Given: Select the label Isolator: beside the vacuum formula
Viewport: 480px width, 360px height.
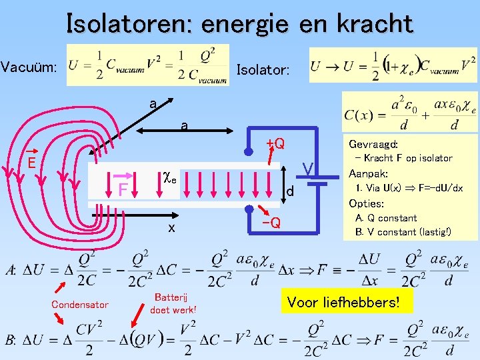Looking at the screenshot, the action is pyautogui.click(x=263, y=69).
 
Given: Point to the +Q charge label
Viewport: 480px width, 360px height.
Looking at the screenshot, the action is pyautogui.click(x=275, y=143).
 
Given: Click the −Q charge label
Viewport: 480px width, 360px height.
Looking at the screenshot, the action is pyautogui.click(x=271, y=222).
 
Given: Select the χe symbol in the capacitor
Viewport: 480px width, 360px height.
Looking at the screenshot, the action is pyautogui.click(x=170, y=178).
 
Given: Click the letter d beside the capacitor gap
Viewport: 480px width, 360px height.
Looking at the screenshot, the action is pyautogui.click(x=290, y=193).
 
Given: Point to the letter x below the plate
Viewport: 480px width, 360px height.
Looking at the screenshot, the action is pyautogui.click(x=171, y=227).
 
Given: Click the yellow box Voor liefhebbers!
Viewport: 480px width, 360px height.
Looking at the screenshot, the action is pyautogui.click(x=343, y=302).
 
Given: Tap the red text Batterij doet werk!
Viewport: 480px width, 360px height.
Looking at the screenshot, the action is pyautogui.click(x=173, y=303).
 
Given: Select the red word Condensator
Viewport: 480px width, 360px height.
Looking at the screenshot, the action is pyautogui.click(x=79, y=305).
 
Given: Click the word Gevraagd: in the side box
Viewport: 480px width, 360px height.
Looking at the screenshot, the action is pyautogui.click(x=374, y=144).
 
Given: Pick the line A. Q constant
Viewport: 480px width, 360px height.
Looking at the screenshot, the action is pyautogui.click(x=386, y=218).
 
